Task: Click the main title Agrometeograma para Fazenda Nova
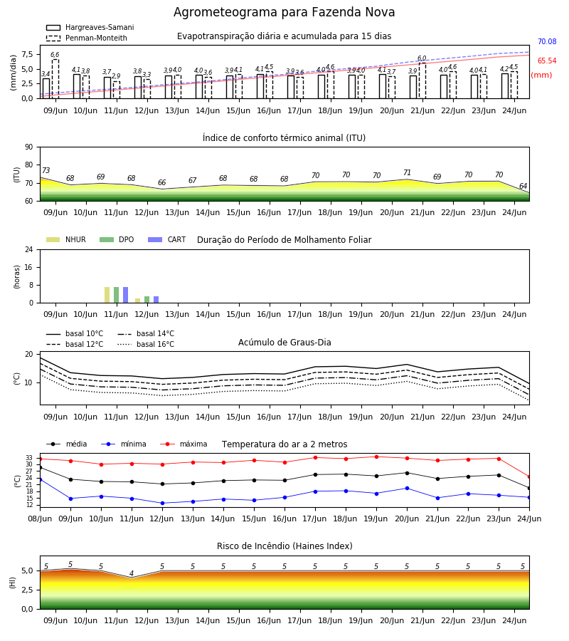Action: [284, 12]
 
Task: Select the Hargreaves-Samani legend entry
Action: [90, 27]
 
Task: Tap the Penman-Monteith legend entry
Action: [87, 38]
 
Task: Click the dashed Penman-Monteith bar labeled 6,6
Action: [55, 79]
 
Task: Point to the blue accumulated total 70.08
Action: [547, 42]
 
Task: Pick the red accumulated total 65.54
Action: [547, 61]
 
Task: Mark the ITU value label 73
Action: [46, 170]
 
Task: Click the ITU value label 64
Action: [523, 186]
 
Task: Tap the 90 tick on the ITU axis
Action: [29, 147]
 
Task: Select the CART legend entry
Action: [167, 239]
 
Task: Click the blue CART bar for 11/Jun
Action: [125, 295]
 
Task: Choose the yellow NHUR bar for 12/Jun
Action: [137, 301]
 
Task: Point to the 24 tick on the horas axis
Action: [29, 249]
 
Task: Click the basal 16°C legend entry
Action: [146, 344]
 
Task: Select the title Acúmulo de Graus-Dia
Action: [284, 343]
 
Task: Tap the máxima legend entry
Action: [184, 444]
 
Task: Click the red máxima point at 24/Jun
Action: [529, 477]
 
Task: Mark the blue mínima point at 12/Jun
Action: [162, 504]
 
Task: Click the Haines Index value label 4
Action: [132, 573]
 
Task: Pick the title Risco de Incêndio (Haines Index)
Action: [284, 546]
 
